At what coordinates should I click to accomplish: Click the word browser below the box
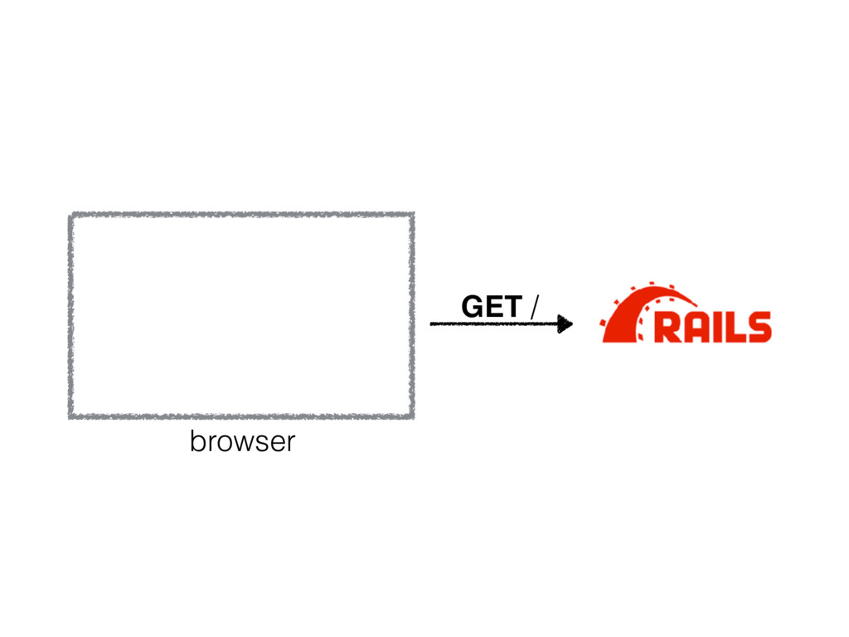tap(242, 442)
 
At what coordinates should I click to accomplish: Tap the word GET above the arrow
tap(492, 308)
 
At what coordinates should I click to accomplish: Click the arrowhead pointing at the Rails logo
tap(565, 323)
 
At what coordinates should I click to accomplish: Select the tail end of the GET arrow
tap(434, 323)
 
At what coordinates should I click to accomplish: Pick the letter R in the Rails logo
tap(667, 327)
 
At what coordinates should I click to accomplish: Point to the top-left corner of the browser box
tap(72, 215)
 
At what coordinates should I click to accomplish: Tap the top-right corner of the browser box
tap(411, 215)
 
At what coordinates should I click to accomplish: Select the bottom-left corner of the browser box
tap(72, 415)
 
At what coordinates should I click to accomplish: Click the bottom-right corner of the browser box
tap(411, 415)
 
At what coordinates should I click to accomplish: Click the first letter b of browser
tap(196, 441)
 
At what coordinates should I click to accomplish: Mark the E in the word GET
tap(494, 308)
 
